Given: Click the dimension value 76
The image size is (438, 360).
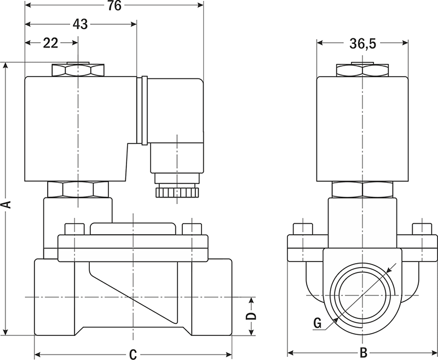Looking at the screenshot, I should (114, 6).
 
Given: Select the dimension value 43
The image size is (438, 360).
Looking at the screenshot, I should (80, 24).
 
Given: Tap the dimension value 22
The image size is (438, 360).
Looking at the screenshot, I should (50, 44).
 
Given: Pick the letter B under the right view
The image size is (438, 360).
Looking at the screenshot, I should (363, 353).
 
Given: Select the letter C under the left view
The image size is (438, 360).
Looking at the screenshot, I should (132, 354).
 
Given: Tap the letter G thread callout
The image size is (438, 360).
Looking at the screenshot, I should (317, 323).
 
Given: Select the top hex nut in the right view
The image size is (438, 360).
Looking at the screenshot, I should (362, 71).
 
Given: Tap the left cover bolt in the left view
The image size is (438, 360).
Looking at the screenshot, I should (73, 229).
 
